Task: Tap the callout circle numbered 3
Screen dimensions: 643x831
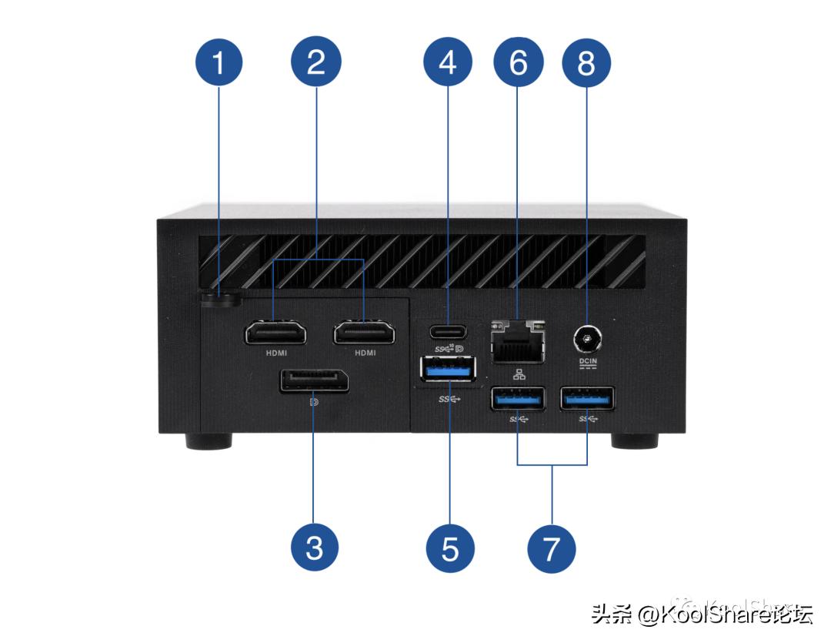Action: coord(314,548)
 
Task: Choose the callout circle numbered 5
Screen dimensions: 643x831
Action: coord(450,548)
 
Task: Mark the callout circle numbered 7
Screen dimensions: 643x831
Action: coord(552,548)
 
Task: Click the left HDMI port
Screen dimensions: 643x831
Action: coord(275,333)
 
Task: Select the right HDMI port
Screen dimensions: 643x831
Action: coord(364,333)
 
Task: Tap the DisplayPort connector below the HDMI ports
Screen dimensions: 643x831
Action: coord(314,381)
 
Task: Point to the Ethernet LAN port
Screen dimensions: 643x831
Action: coord(516,340)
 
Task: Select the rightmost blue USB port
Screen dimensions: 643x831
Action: coord(588,399)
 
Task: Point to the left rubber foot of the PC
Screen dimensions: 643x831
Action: coord(208,442)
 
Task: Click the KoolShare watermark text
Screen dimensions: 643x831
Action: coord(700,614)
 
